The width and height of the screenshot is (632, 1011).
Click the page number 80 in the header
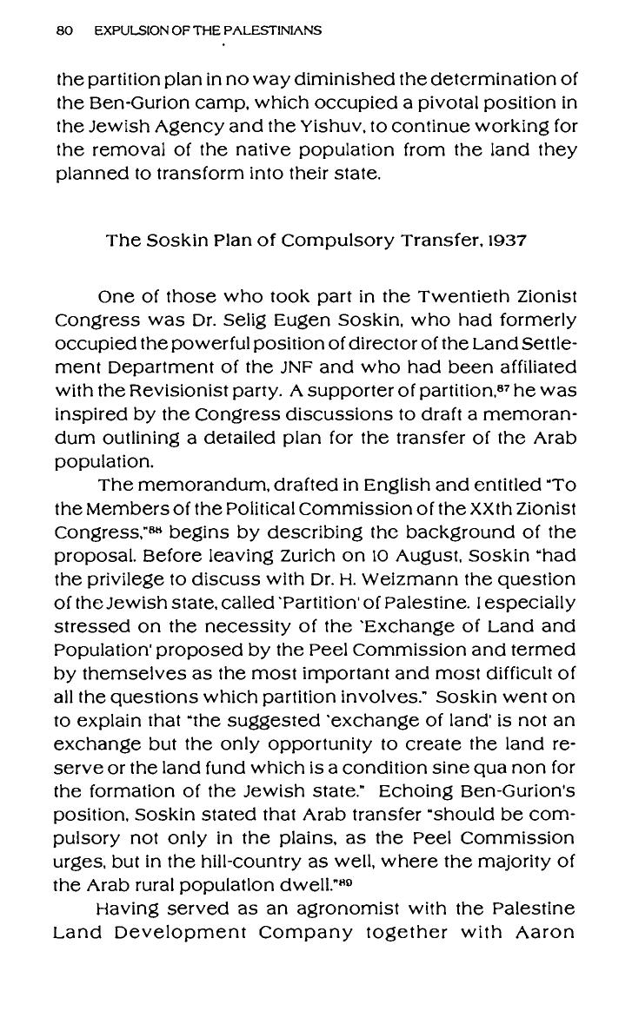pyautogui.click(x=63, y=30)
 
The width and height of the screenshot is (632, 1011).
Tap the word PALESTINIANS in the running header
pyautogui.click(x=277, y=30)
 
